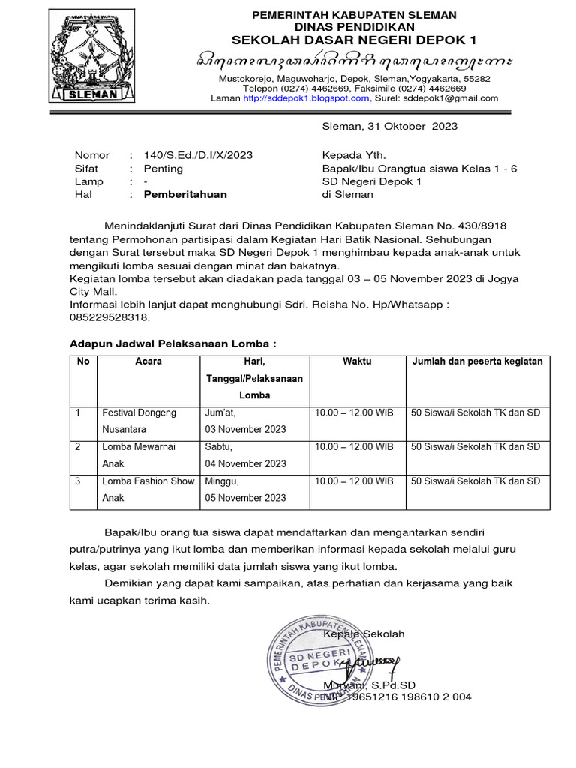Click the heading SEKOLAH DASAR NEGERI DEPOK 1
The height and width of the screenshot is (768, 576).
[354, 40]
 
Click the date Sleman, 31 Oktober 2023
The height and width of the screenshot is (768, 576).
[389, 127]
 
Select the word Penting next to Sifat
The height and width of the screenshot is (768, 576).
[163, 169]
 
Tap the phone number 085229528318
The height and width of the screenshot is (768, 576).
[105, 317]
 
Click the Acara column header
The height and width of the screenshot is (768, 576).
[148, 361]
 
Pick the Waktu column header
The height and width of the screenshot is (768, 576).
[357, 361]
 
